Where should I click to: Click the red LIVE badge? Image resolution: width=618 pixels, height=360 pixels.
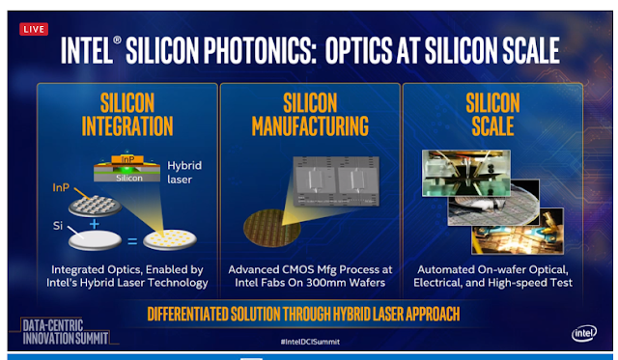point(34,29)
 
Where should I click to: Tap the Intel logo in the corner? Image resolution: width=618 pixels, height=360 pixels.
point(583,334)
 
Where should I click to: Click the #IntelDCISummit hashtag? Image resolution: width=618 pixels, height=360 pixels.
point(310,342)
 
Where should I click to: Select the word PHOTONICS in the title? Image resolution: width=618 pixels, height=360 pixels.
point(260,50)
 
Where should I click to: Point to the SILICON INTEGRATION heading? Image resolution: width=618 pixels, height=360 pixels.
point(127,115)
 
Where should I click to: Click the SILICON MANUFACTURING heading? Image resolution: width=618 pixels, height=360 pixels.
point(310,115)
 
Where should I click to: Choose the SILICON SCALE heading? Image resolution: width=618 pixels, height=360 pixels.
point(492,115)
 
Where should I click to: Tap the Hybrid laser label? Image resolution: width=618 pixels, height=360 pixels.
point(184,172)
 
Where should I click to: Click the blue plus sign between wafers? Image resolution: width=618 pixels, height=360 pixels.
point(95,224)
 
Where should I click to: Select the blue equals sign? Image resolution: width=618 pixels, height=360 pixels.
point(132,240)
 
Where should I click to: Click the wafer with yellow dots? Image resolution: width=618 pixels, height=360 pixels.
point(170,239)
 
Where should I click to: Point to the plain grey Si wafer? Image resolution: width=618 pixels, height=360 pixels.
point(95,240)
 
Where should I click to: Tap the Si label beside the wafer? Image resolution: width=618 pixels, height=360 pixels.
point(58,226)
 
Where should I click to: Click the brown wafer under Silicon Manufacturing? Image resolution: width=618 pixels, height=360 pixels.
point(272,228)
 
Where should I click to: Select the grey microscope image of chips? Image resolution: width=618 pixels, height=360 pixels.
point(336,180)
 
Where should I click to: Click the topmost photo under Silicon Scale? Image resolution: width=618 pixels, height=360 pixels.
point(465,173)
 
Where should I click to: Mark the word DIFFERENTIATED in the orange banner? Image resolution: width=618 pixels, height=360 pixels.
point(187,314)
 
